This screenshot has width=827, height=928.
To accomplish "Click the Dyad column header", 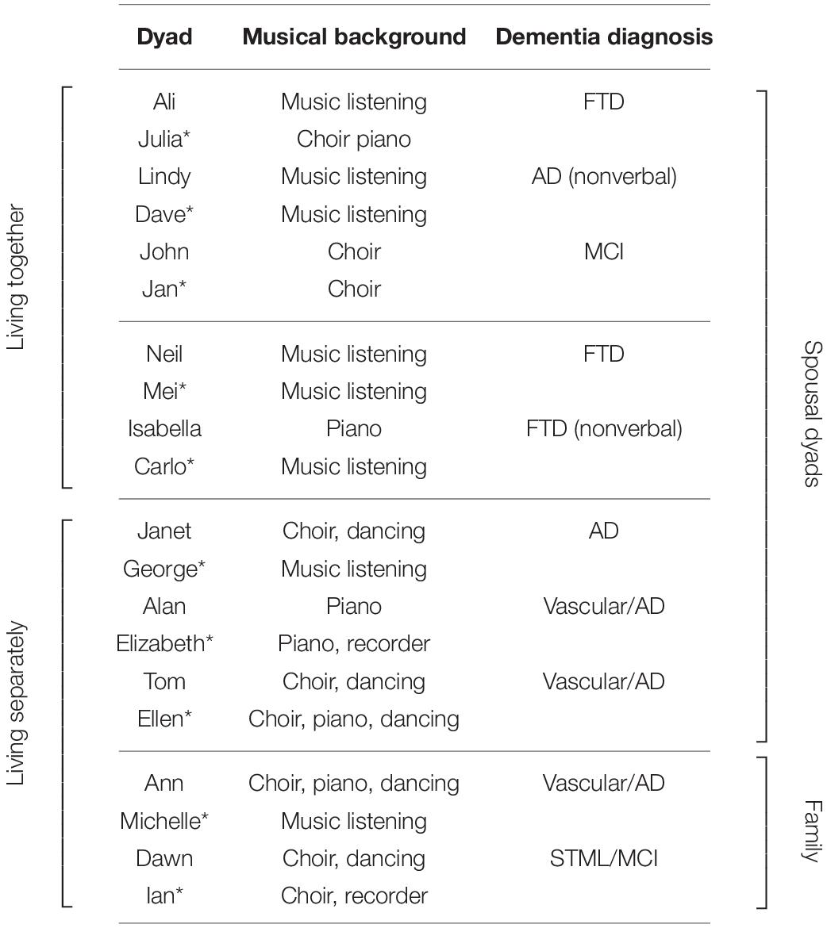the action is (164, 36).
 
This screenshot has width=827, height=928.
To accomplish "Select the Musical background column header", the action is (354, 36).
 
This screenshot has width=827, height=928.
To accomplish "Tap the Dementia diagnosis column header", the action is (603, 36).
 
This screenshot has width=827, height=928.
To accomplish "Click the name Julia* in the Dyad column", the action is (164, 139).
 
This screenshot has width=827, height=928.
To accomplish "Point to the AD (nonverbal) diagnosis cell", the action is (603, 176).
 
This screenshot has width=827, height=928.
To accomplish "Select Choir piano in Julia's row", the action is (354, 139).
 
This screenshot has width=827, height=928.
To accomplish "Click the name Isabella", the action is (164, 428).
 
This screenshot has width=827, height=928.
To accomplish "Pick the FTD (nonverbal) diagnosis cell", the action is (603, 428).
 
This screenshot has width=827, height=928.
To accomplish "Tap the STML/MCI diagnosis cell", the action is (603, 858).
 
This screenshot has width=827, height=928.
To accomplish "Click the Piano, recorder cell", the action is (354, 643).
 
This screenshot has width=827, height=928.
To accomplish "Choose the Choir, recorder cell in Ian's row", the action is (354, 895).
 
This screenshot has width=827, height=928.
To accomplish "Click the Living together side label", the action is (17, 278).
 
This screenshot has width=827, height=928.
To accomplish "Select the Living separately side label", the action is (17, 704).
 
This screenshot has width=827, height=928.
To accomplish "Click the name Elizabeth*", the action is (164, 643).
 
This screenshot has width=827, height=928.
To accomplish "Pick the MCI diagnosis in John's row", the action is (603, 251).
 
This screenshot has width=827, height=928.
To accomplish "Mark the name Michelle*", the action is (164, 821).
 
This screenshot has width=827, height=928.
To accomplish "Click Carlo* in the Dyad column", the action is (164, 466).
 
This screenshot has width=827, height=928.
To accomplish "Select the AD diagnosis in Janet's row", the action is (603, 531).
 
